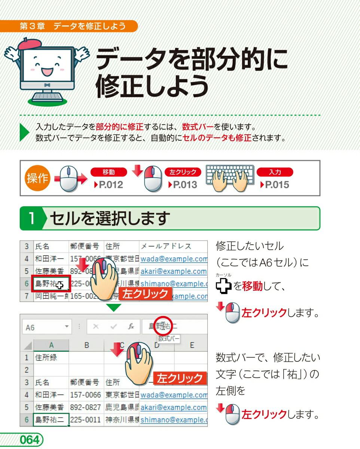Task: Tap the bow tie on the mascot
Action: [47, 85]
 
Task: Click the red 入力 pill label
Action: [275, 172]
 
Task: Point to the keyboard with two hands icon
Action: [230, 178]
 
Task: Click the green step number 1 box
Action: [32, 219]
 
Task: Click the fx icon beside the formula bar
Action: [131, 326]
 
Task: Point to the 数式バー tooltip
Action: [168, 339]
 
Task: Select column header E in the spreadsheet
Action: [192, 345]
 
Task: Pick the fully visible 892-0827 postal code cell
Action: [86, 407]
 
